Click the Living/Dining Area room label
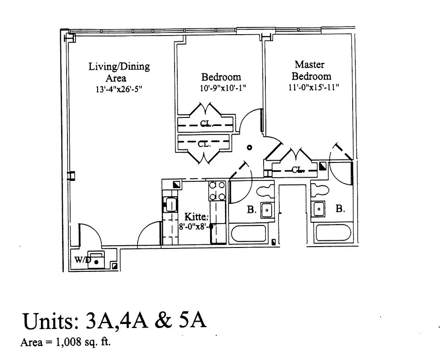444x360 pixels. [119, 72]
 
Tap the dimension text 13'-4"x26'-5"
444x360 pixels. [119, 89]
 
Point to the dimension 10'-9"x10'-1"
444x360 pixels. [223, 89]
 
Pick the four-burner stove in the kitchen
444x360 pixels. [217, 190]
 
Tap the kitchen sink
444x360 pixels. [170, 204]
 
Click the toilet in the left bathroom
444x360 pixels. [265, 191]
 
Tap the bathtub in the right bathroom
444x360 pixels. [332, 233]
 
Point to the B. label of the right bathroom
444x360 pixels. [341, 209]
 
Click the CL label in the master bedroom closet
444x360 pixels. [297, 170]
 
